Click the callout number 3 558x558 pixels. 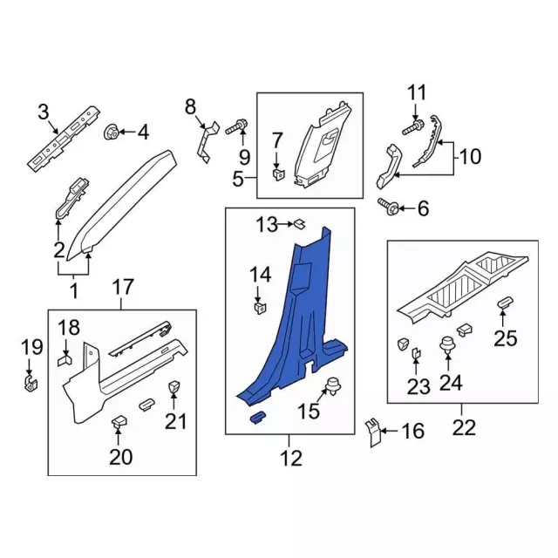(x=43, y=111)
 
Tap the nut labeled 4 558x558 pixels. (x=112, y=133)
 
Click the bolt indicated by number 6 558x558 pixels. (x=390, y=208)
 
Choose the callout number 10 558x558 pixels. (x=470, y=157)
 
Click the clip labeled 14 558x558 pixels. (x=259, y=306)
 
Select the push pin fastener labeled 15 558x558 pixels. (x=332, y=387)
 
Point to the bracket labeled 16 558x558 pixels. (x=372, y=430)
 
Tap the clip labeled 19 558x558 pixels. (x=31, y=383)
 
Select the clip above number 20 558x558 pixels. (x=118, y=422)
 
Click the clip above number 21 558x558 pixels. (x=173, y=387)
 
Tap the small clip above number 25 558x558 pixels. (x=505, y=302)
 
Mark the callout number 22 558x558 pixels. (x=464, y=427)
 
